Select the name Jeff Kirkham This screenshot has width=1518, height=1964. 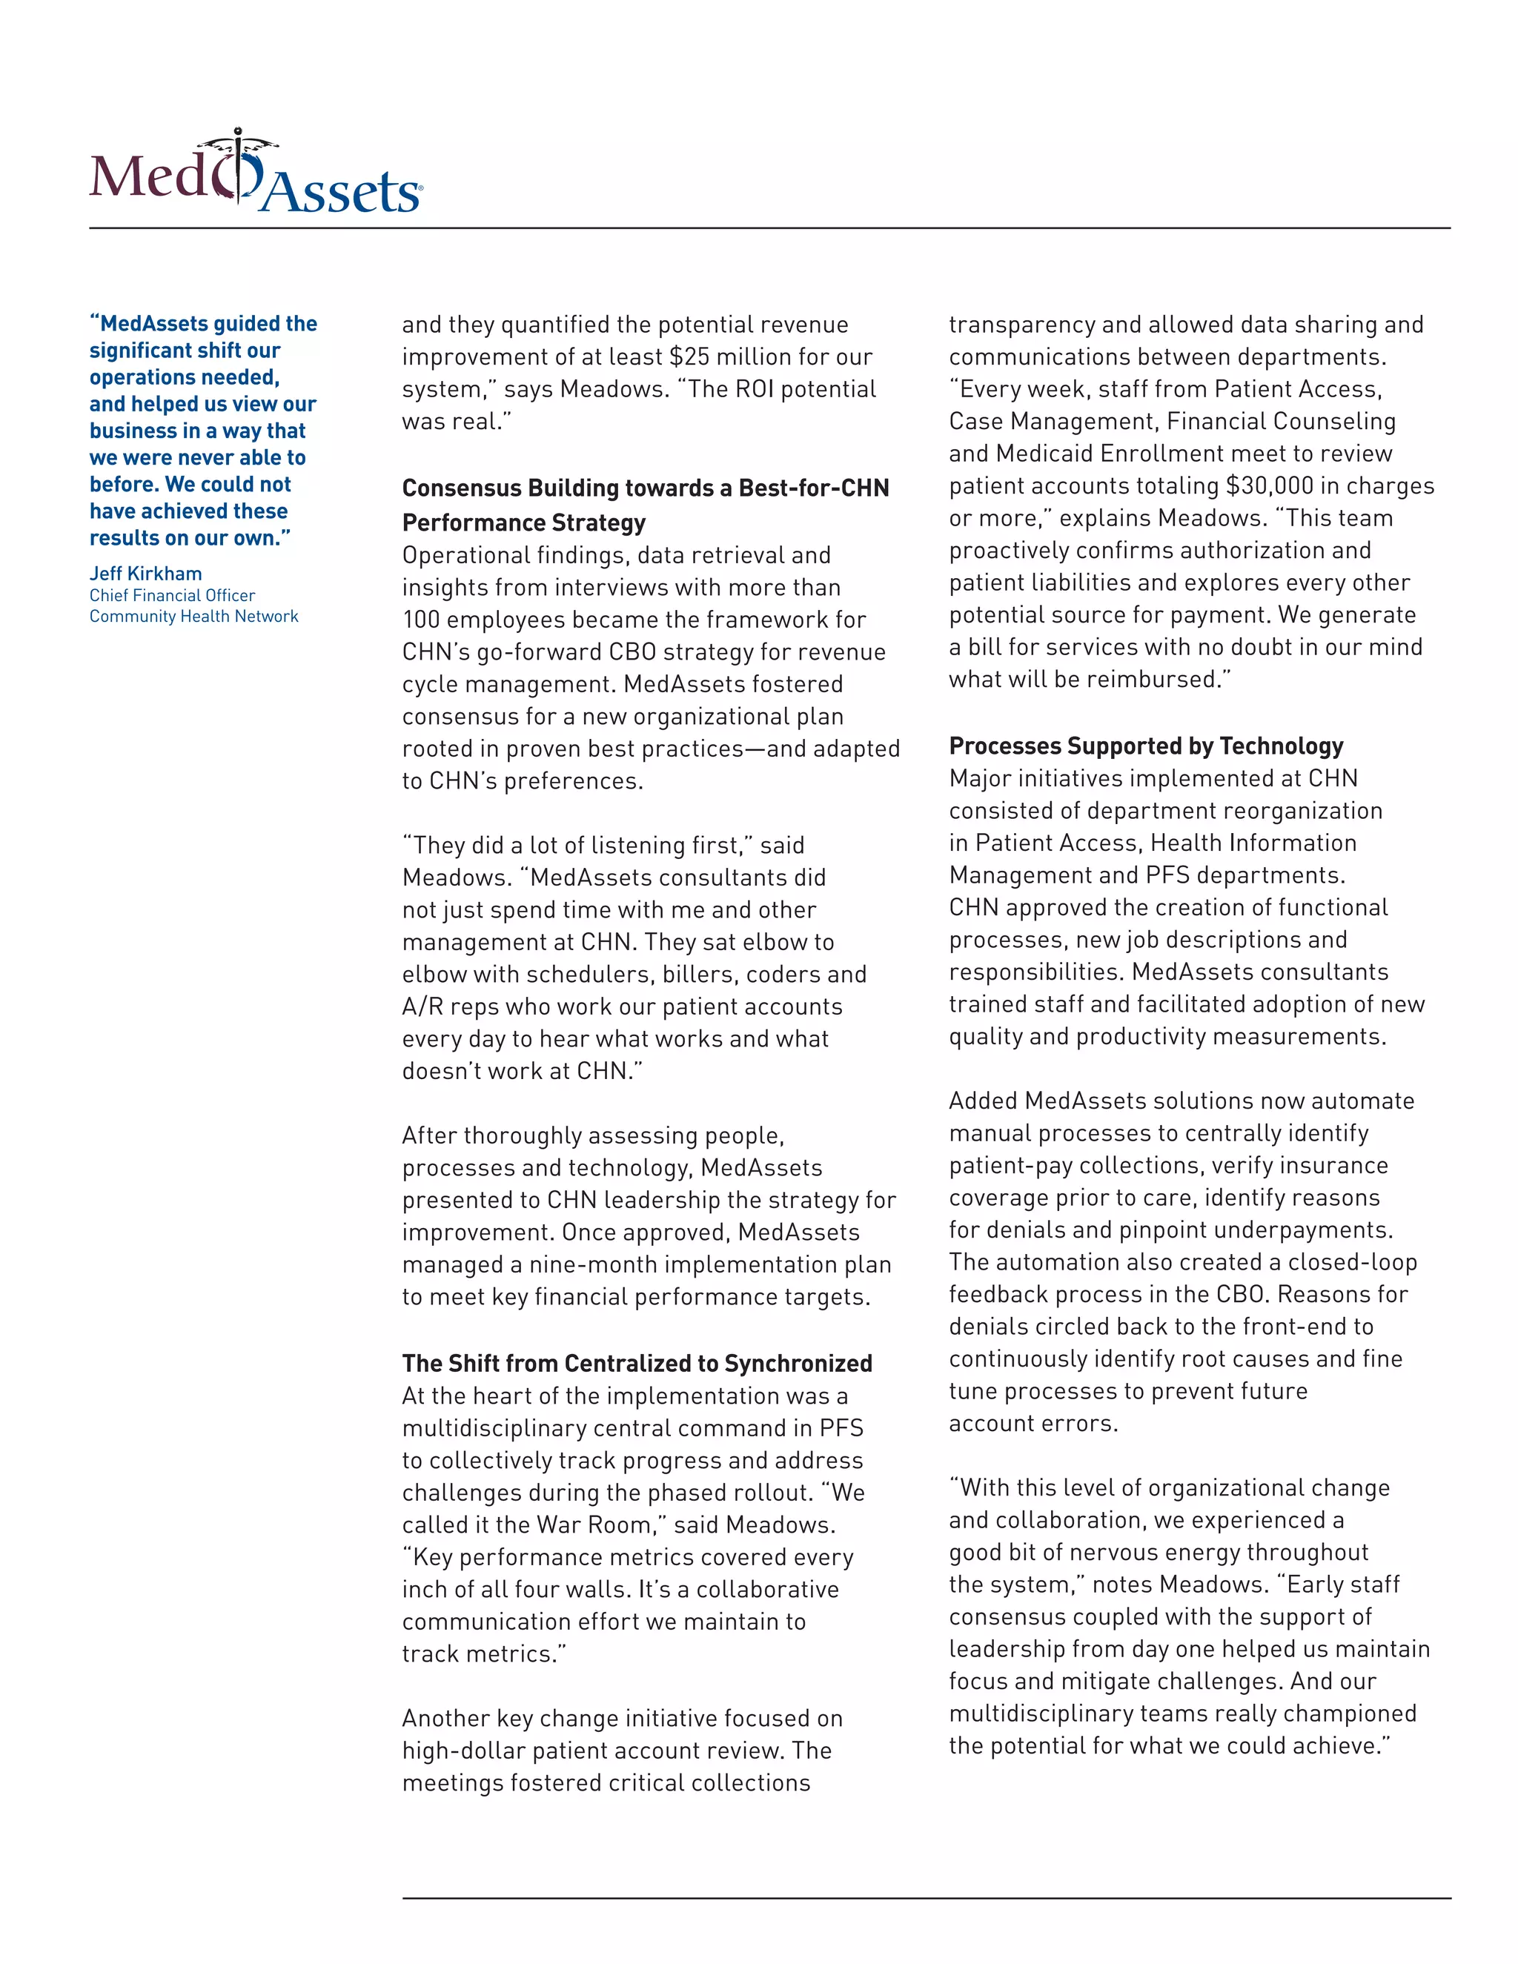tap(146, 574)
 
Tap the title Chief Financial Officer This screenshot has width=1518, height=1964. tap(172, 595)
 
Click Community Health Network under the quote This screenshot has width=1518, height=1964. tap(193, 616)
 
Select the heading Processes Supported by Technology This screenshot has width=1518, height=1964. tap(1146, 746)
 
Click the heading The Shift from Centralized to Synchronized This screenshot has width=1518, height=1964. tap(637, 1363)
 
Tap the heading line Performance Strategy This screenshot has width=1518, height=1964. tap(523, 522)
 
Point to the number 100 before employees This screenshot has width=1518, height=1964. tap(420, 620)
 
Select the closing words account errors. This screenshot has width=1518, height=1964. tap(1033, 1423)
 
